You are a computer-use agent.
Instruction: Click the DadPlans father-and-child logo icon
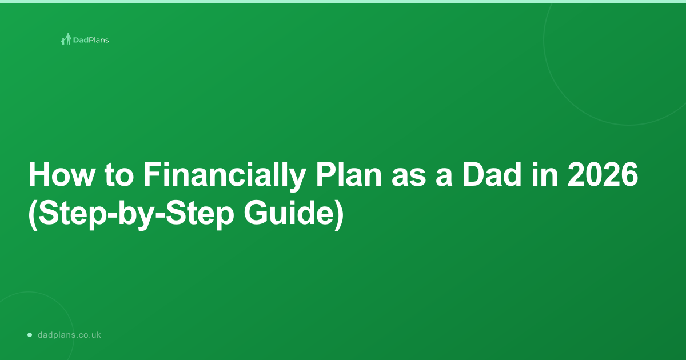[x=66, y=39]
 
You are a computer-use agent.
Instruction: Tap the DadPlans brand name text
[x=91, y=40]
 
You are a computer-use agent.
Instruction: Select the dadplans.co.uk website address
[x=69, y=335]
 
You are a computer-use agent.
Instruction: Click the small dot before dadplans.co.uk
[x=30, y=335]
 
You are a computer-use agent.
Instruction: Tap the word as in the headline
[x=409, y=178]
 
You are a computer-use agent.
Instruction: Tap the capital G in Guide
[x=255, y=213]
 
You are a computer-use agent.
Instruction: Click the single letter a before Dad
[x=444, y=178]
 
